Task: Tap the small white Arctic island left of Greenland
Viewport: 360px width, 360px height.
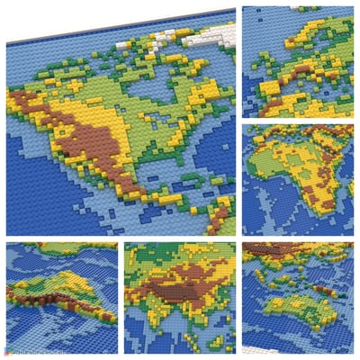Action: coord(163,38)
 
